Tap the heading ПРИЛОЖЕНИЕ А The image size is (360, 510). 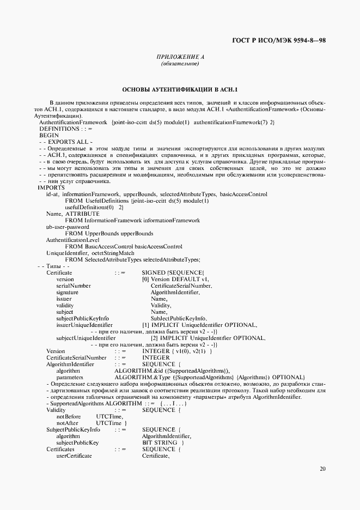180,57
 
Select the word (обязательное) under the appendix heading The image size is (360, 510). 180,65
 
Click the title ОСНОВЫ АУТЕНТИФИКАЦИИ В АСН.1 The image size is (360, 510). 180,89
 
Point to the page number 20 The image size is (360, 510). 323,468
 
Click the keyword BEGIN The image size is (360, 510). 49,135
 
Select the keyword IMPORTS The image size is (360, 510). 51,187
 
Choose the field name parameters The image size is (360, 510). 70,377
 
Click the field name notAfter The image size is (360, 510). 67,423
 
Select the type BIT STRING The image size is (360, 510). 159,442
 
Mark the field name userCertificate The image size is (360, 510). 74,456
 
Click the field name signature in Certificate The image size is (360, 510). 67,292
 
